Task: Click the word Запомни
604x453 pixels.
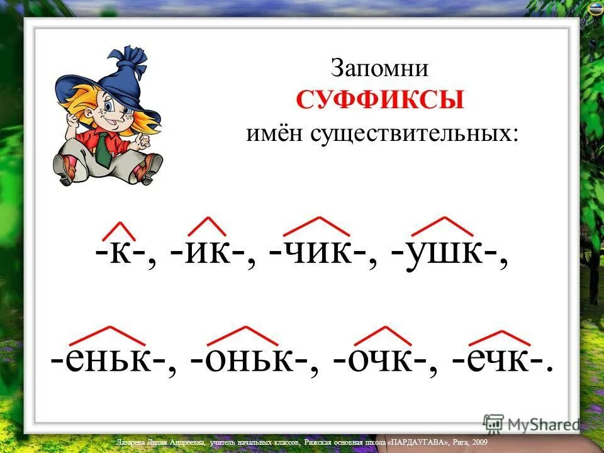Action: click(379, 68)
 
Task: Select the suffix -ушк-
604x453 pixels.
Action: click(444, 256)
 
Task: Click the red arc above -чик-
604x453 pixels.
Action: click(316, 225)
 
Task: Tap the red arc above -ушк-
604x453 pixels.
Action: click(443, 225)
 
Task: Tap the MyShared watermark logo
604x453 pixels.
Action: click(531, 423)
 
